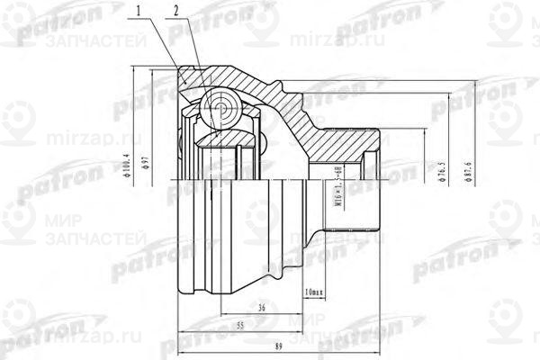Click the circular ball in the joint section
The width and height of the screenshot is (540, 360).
[220, 111]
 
